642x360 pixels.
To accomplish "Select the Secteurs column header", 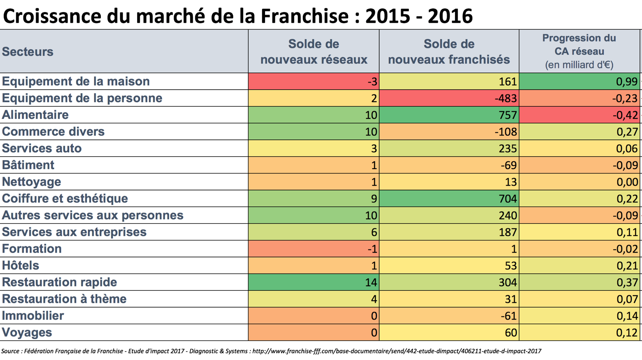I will click(x=28, y=51).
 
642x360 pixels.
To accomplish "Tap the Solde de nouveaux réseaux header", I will click(x=313, y=51).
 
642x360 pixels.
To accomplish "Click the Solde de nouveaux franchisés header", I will click(x=449, y=51).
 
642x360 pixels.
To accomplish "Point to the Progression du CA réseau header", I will click(x=579, y=51).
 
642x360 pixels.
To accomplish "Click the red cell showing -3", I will click(x=313, y=81).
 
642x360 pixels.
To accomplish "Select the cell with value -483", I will click(x=449, y=98).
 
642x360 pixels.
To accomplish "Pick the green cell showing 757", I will click(x=449, y=115).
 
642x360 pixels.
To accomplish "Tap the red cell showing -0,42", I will click(x=579, y=115).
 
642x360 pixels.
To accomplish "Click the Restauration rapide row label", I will click(x=59, y=282).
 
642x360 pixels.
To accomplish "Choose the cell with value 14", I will click(x=313, y=282).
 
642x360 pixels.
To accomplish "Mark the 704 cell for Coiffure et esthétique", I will click(x=449, y=198).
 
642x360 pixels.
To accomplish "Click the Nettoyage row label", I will click(x=32, y=182).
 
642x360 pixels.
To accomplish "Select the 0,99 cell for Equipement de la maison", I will click(x=579, y=81).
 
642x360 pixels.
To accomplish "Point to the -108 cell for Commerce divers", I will click(x=449, y=132).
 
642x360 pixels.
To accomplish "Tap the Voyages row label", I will click(x=27, y=332).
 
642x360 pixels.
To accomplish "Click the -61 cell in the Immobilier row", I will click(x=449, y=316).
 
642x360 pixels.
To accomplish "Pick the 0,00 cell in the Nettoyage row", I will click(x=579, y=182).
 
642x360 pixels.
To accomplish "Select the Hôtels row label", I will click(x=20, y=265).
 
